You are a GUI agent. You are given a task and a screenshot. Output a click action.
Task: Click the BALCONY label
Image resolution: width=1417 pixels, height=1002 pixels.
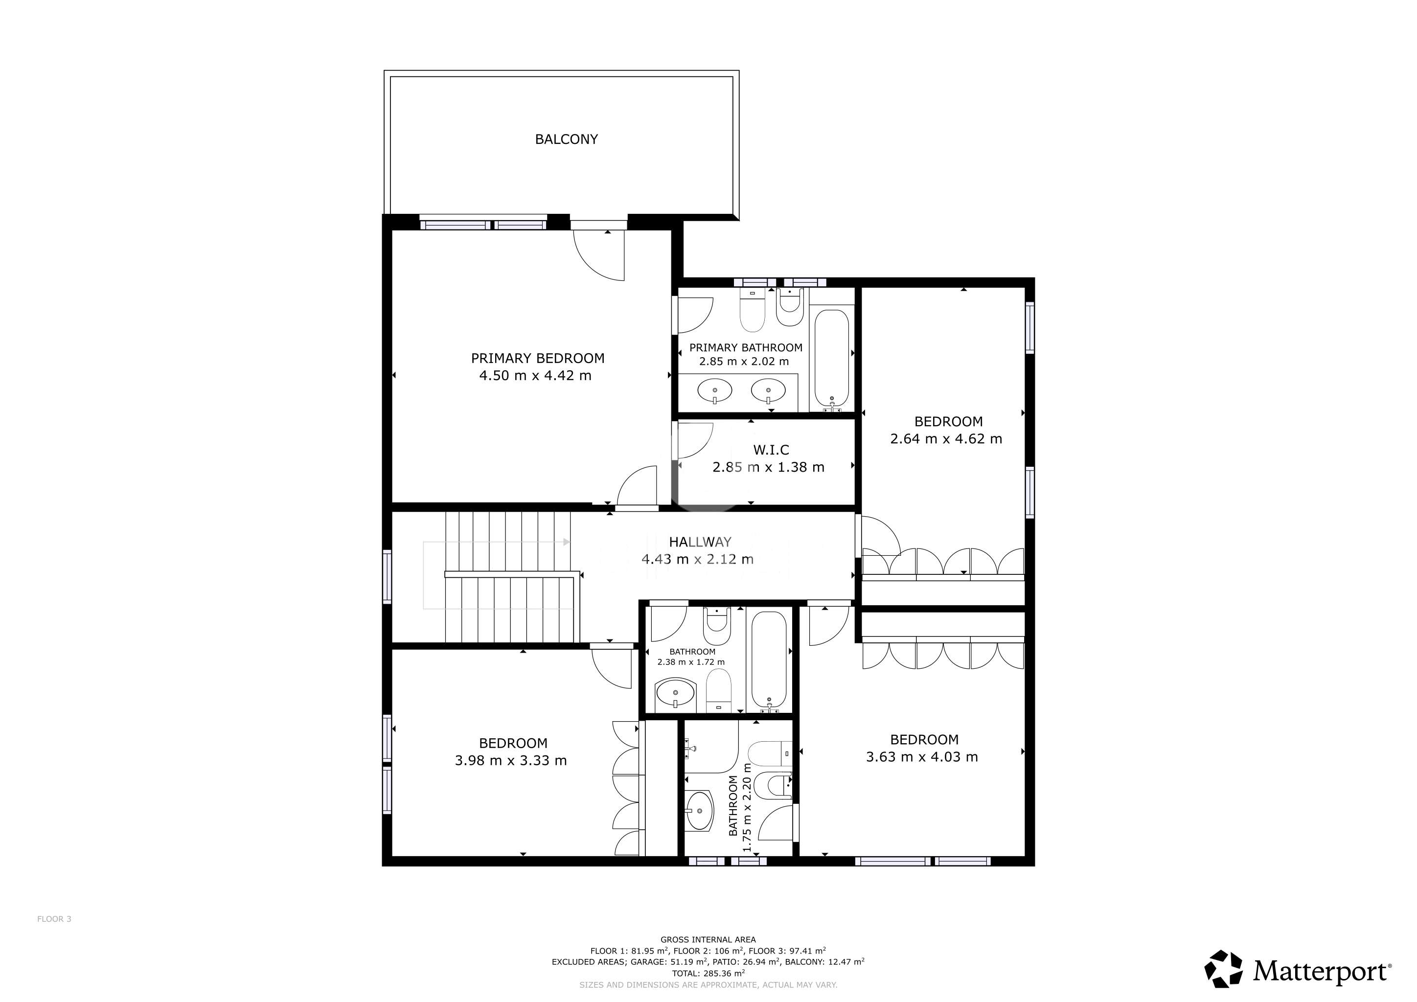[x=566, y=139]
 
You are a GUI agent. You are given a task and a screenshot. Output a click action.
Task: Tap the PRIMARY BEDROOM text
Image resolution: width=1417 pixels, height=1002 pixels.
[x=538, y=359]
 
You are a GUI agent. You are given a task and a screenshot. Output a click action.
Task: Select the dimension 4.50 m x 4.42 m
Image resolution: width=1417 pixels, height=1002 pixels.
[x=535, y=376]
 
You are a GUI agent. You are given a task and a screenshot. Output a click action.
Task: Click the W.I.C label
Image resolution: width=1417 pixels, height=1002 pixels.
[x=771, y=451]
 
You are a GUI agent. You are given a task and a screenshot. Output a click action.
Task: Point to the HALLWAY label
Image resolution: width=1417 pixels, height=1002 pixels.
[x=700, y=542]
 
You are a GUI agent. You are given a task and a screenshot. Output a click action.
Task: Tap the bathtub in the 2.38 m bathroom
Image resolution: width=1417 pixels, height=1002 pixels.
[x=769, y=660]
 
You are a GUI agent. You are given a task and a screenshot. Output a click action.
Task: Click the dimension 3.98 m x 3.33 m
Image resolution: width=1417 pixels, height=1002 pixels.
[x=510, y=761]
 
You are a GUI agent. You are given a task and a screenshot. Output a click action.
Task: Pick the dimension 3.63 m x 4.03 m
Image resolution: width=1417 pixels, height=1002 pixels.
[x=921, y=757]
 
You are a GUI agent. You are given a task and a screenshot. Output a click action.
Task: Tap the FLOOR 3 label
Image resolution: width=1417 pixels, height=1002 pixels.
[x=54, y=919]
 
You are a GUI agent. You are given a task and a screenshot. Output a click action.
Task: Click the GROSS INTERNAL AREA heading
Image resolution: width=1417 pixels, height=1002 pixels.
[x=708, y=940]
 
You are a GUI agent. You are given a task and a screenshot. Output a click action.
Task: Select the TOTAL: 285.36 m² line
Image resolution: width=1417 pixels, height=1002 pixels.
[x=708, y=974]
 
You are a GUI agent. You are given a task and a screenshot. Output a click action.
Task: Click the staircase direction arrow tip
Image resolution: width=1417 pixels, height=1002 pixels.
[x=569, y=542]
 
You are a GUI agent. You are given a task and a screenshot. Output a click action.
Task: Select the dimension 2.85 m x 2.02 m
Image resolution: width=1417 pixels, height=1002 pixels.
[x=744, y=362]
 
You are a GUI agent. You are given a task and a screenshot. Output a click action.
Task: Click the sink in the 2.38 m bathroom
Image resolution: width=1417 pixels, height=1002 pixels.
[x=675, y=693]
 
